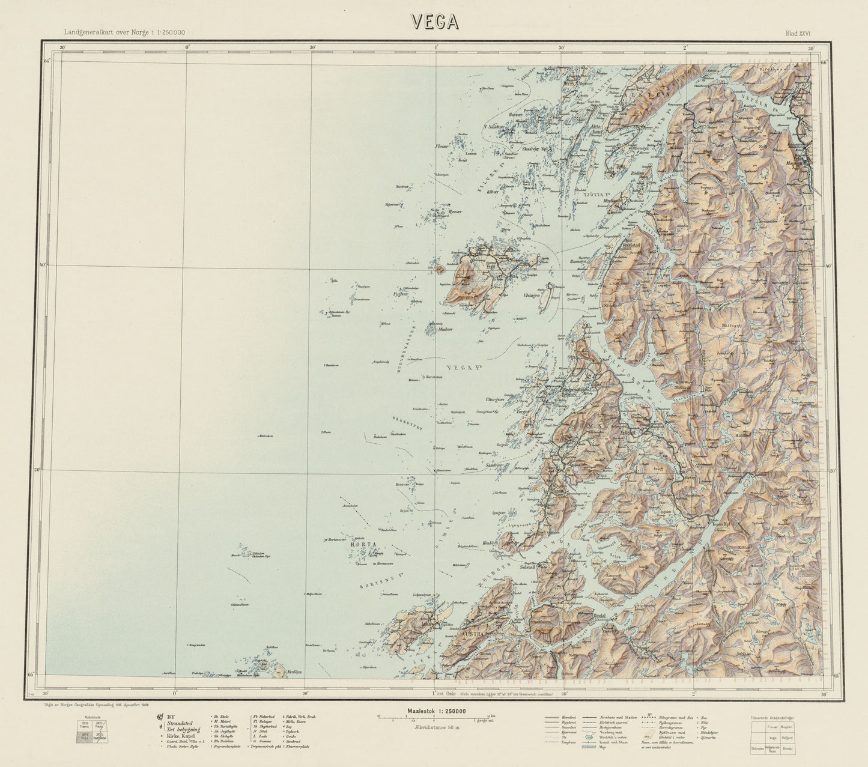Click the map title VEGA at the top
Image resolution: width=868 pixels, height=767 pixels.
435,22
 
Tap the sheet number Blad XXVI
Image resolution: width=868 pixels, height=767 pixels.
798,34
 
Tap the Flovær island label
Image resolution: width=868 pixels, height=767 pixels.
443,146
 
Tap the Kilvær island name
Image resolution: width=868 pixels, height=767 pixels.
492,192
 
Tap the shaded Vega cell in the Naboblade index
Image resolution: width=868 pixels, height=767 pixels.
84,736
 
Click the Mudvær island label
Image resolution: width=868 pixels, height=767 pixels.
445,329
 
